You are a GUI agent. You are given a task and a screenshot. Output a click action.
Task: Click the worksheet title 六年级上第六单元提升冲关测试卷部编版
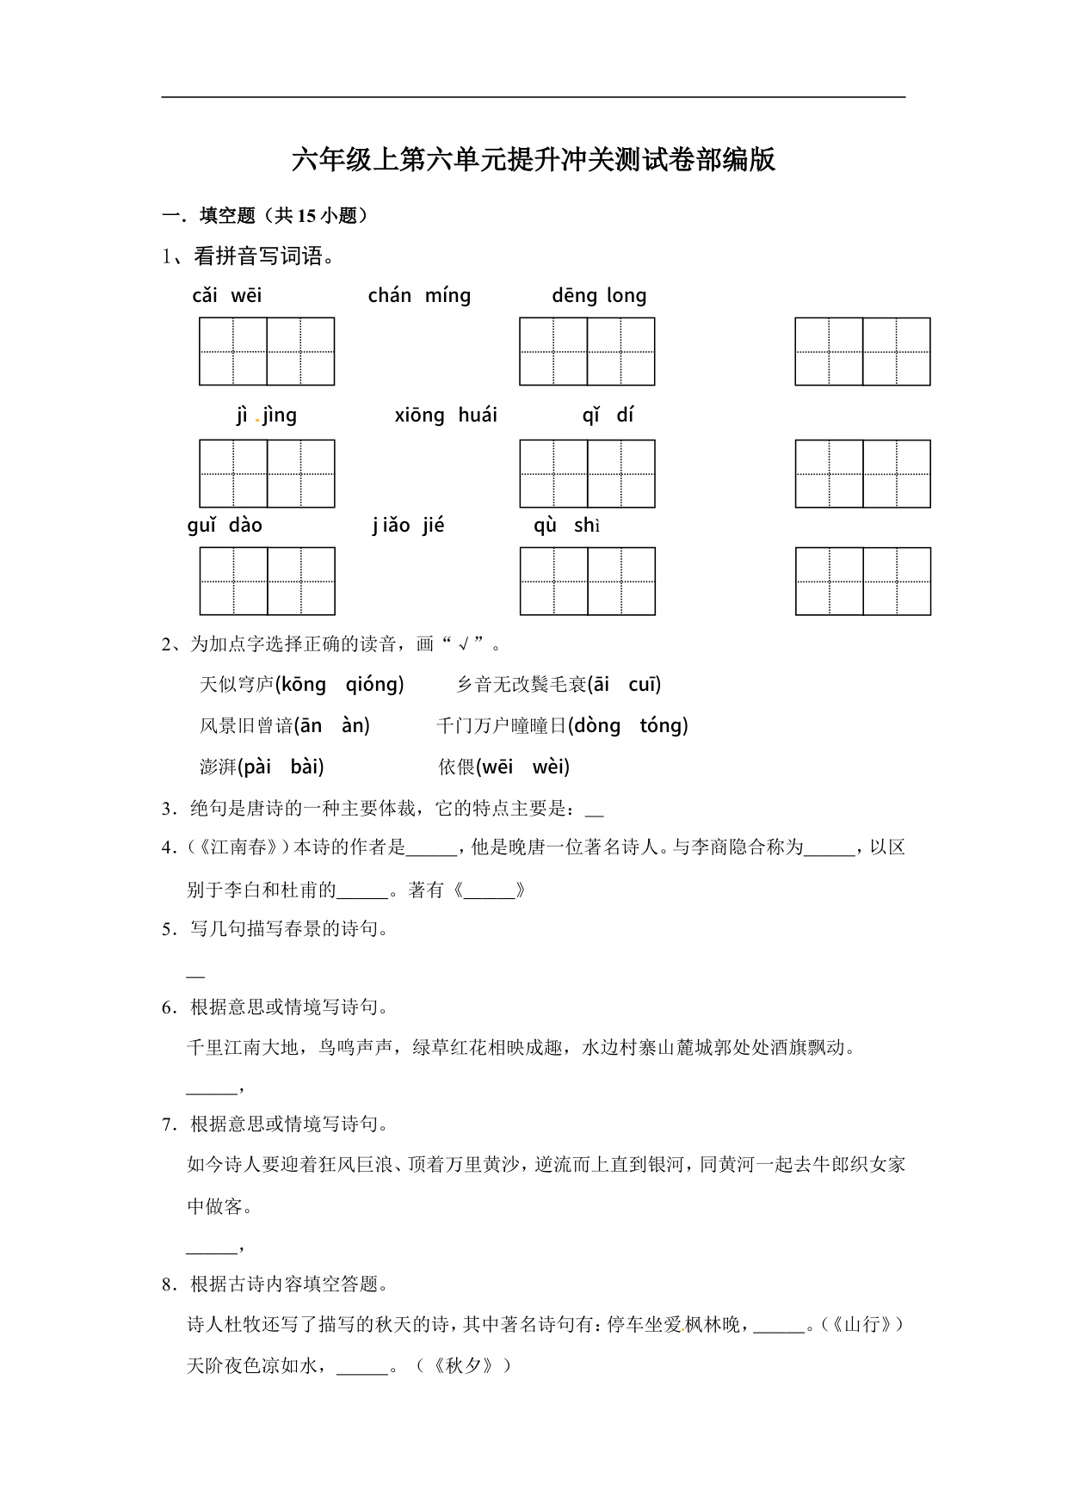click(534, 161)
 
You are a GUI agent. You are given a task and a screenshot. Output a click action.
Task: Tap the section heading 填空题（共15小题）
click(284, 216)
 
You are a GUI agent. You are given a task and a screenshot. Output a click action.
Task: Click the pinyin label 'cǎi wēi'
click(227, 296)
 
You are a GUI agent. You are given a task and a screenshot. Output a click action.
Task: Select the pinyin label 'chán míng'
click(419, 296)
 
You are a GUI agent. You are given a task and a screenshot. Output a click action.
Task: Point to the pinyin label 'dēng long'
click(599, 296)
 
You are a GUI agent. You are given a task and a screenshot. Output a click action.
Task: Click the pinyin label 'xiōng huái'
click(446, 416)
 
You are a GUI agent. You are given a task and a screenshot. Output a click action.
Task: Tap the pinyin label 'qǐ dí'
click(608, 416)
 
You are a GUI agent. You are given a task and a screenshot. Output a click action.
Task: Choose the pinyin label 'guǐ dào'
click(225, 526)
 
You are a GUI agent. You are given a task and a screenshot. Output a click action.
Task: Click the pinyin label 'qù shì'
click(565, 526)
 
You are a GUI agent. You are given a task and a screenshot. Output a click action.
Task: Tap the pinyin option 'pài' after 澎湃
click(257, 767)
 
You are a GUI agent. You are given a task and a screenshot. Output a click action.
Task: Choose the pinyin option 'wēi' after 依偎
click(497, 767)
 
